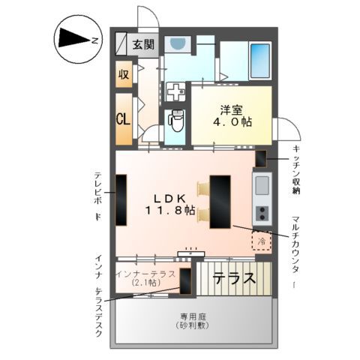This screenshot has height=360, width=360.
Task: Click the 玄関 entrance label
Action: tap(144, 44)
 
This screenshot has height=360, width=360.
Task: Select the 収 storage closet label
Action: tap(124, 75)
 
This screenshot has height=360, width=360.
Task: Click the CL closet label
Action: tap(124, 118)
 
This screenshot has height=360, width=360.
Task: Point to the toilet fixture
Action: tap(176, 119)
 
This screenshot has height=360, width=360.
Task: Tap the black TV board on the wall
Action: tap(121, 199)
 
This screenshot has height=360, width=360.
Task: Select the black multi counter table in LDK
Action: tap(220, 200)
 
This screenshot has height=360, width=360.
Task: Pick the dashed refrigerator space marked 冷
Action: tap(261, 241)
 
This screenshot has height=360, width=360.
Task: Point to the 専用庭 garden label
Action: tap(193, 317)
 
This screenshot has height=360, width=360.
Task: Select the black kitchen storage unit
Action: tap(261, 159)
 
